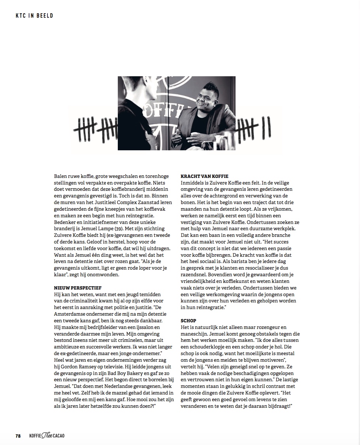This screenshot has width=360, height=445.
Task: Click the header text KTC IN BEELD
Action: pyautogui.click(x=34, y=15)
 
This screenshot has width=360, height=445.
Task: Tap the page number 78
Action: pyautogui.click(x=18, y=435)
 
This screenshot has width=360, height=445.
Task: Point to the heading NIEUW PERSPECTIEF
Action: pyautogui.click(x=77, y=288)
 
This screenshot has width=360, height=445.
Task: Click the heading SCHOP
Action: pyautogui.click(x=188, y=321)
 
